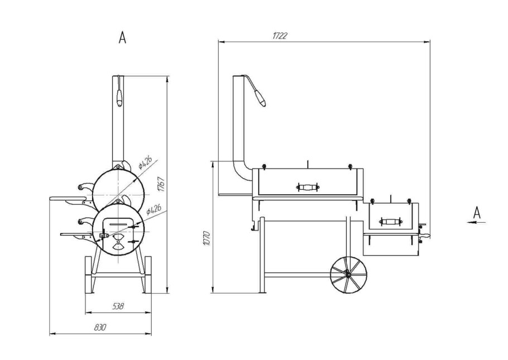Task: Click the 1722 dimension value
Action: coord(279,36)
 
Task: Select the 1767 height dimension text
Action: coord(161,184)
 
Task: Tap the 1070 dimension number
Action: coord(207,238)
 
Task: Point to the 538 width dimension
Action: coord(118,306)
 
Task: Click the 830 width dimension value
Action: coord(100,327)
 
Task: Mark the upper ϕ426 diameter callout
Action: coord(145,162)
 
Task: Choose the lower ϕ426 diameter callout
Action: coord(154,209)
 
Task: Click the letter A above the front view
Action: coord(122,37)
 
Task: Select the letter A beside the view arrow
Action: coord(477,213)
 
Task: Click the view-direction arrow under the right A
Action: coord(476,222)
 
